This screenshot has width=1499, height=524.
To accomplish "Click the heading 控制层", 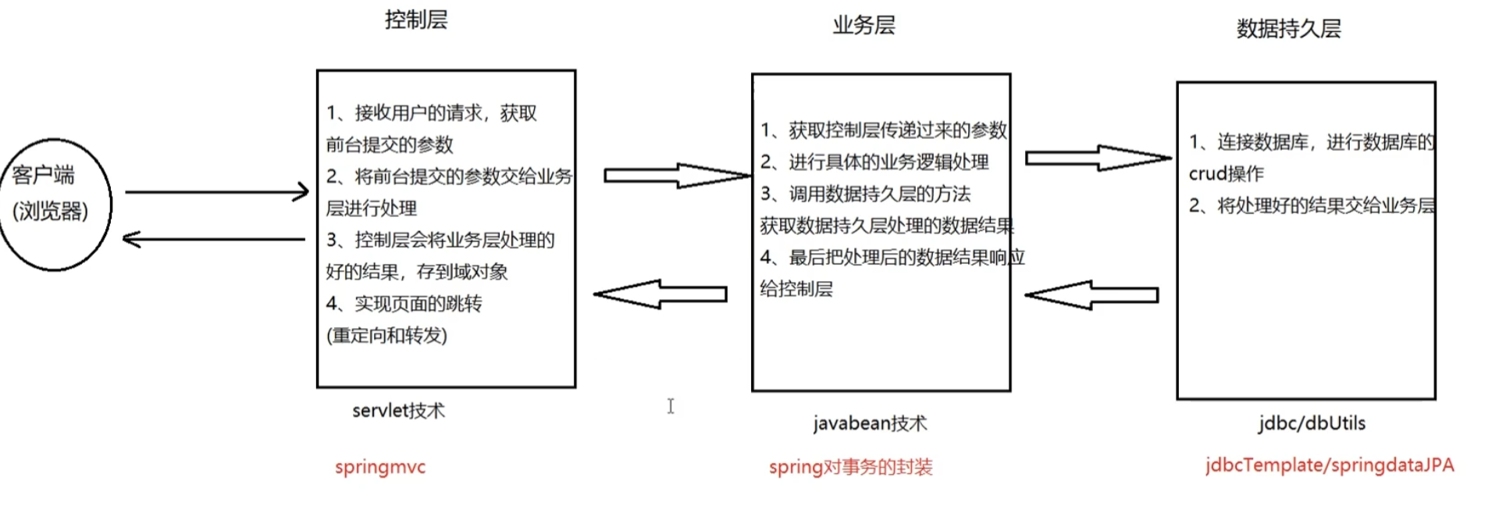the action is pos(416,20).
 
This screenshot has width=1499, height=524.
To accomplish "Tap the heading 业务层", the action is pos(863,25).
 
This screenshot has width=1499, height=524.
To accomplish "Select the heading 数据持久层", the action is pos(1288,29).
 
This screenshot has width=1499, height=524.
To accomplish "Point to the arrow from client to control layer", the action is pos(216,191).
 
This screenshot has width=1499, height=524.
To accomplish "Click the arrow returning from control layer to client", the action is pos(214,239).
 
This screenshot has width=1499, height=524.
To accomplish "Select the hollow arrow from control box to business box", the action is pos(676,176).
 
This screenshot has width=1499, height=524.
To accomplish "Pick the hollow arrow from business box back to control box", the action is pos(660,294).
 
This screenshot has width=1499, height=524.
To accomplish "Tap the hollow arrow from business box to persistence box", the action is pos(1098,158).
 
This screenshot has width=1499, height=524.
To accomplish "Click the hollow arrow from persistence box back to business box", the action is pos(1091,294).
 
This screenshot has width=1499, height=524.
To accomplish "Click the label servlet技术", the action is pos(398,411).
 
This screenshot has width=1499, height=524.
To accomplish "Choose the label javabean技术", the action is pos(870,423).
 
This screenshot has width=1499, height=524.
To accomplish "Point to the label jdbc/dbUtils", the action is pos(1312,423).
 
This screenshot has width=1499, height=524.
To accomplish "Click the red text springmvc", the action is pos(380,467).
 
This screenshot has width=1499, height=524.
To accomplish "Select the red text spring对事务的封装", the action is pos(850,467).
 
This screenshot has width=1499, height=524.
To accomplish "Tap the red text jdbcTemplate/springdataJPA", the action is pos(1329,465).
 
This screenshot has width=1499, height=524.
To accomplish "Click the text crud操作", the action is pos(1226,173).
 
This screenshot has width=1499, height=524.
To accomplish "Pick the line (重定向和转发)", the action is pos(386,336).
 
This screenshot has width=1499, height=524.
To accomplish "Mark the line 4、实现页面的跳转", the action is pos(404,304).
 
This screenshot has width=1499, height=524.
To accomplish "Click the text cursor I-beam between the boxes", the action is pos(671,406).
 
